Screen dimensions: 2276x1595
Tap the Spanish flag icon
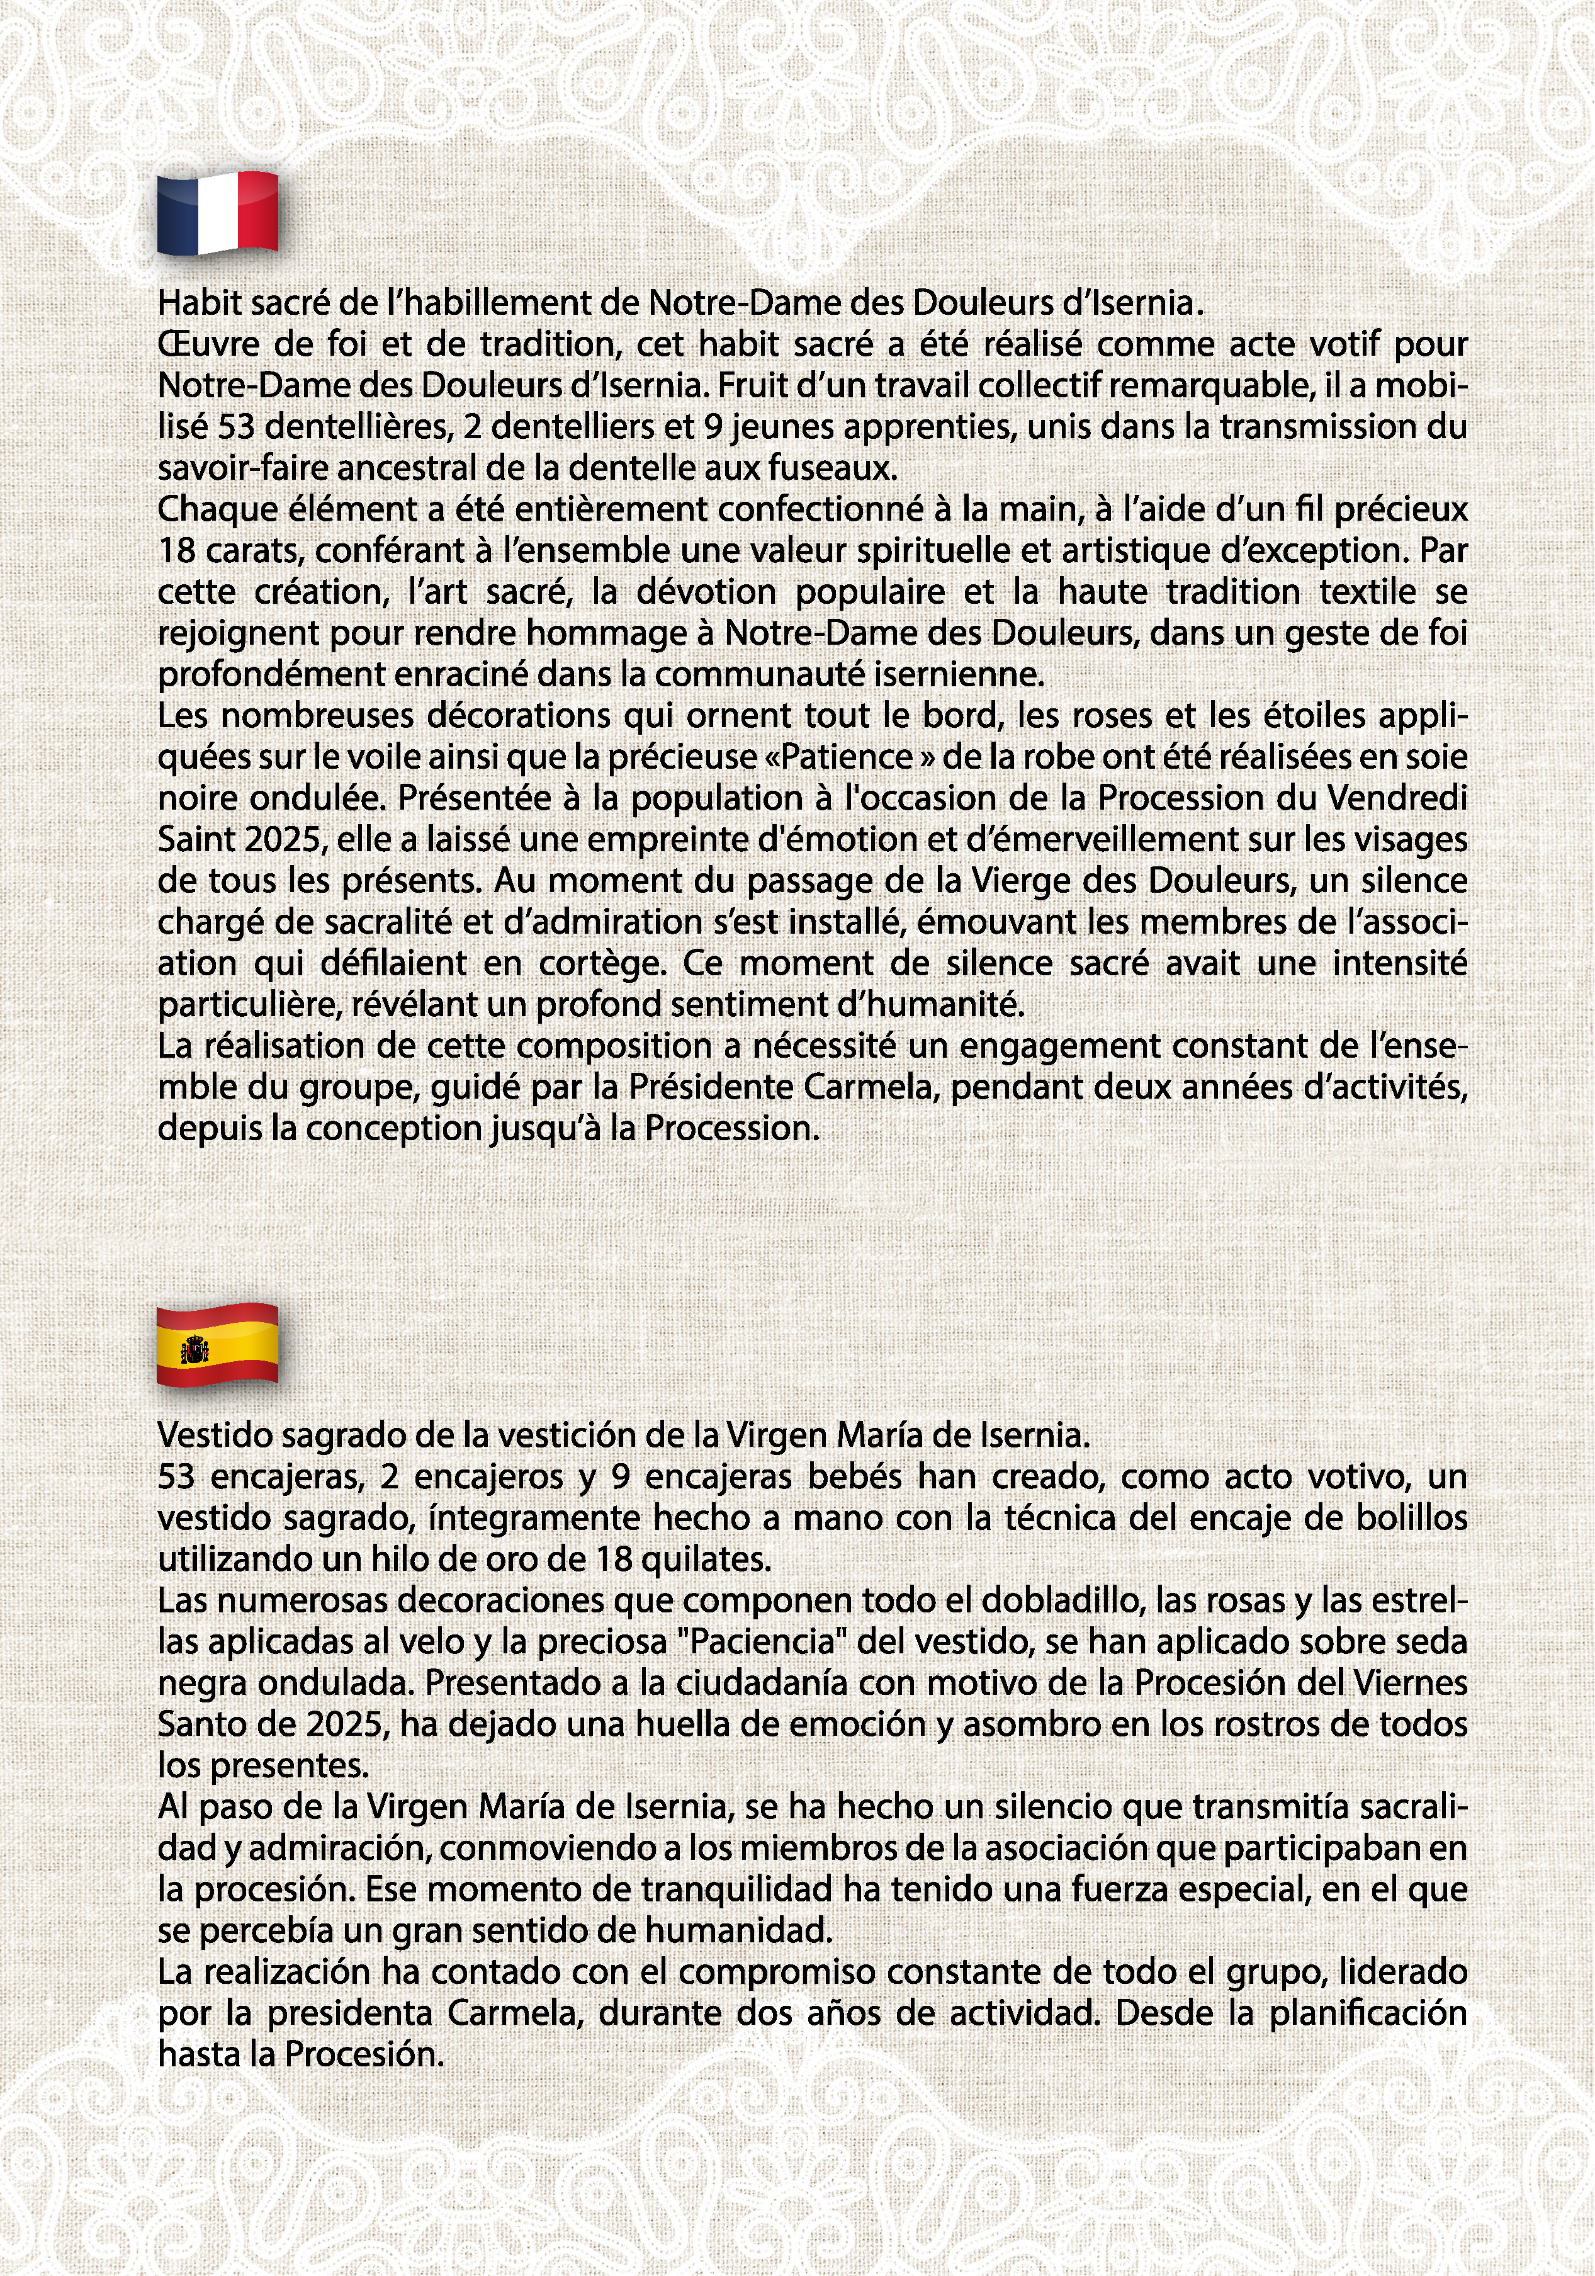(x=217, y=1345)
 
